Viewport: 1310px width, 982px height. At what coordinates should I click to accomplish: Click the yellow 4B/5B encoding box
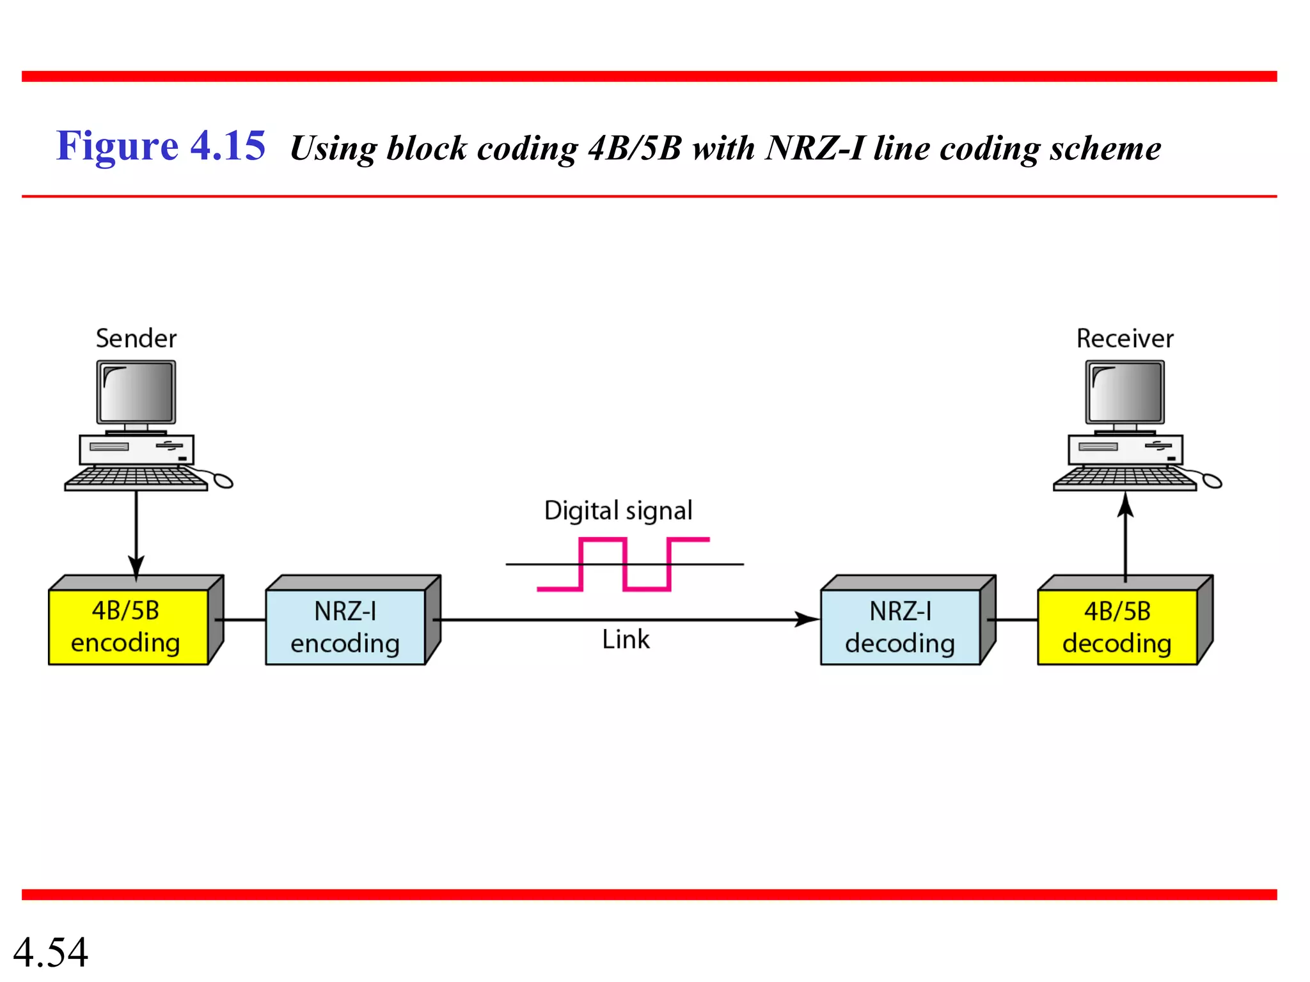coord(128,627)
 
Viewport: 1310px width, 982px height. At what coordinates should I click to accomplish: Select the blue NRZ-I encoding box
coord(345,627)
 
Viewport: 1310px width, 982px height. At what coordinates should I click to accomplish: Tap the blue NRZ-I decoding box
coord(900,627)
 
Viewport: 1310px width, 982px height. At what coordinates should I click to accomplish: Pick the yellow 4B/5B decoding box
coord(1117,627)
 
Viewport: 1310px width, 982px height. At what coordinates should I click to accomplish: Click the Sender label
coord(136,338)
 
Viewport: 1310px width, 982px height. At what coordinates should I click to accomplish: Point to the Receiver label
coord(1125,338)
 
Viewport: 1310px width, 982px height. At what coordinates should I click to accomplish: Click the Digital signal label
coord(618,511)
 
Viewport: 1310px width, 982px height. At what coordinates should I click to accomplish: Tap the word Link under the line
coord(626,639)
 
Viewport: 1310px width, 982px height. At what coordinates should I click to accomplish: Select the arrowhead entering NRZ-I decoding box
coord(807,619)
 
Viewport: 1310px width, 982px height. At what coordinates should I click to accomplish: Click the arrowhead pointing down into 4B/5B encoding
coord(136,566)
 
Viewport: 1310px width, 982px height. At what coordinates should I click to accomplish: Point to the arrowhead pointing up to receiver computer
coord(1126,506)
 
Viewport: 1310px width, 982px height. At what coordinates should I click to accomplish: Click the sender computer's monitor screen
coord(136,392)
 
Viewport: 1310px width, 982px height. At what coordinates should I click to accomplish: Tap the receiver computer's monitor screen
coord(1125,392)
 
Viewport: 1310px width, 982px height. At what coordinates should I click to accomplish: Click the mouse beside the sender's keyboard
coord(223,480)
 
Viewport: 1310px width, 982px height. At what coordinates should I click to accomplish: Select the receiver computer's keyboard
coord(1125,478)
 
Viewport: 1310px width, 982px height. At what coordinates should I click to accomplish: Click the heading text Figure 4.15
coord(161,146)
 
